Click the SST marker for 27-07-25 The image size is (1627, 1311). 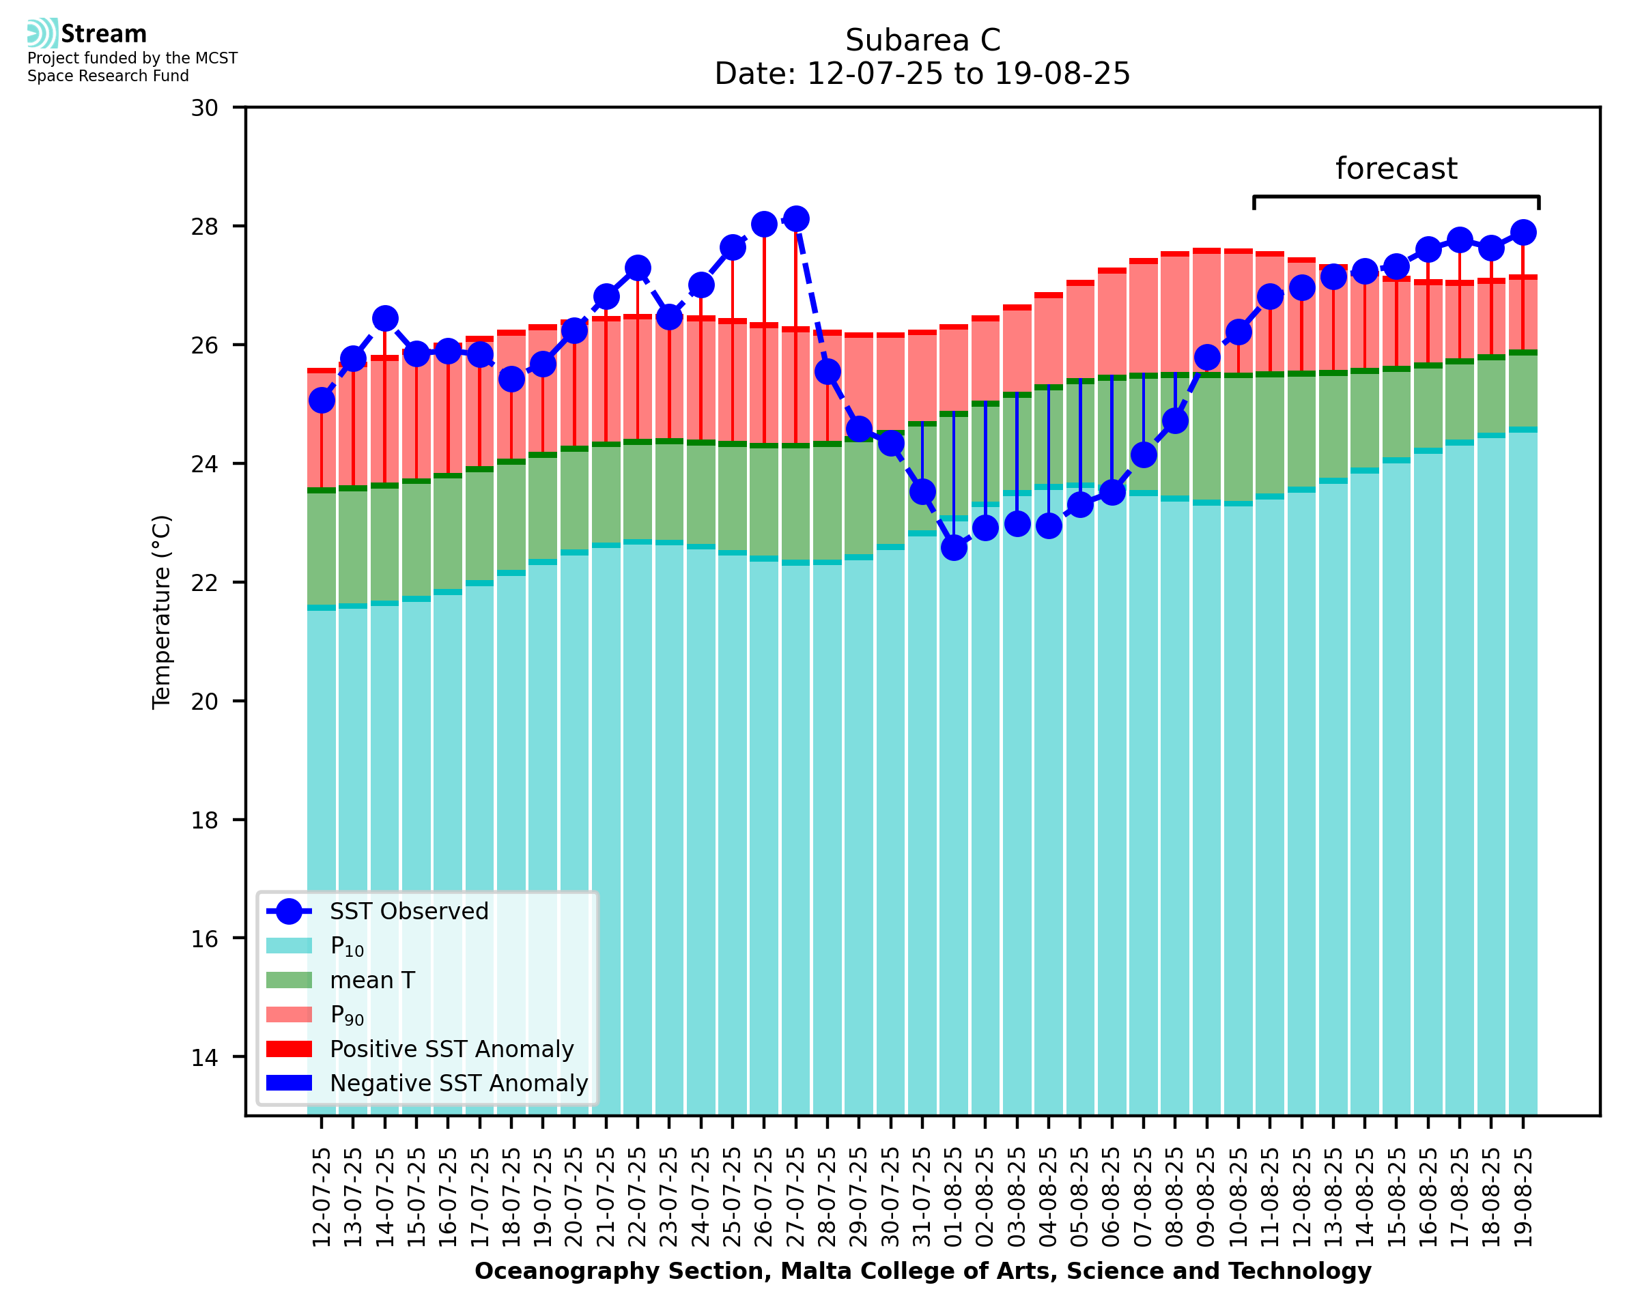point(795,219)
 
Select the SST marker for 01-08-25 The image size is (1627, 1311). point(954,547)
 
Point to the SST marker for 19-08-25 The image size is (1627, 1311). point(1523,233)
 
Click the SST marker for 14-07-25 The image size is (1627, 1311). point(385,319)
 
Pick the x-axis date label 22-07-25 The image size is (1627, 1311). point(638,1197)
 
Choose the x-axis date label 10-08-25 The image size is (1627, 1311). point(1238,1197)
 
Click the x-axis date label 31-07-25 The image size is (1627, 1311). point(922,1197)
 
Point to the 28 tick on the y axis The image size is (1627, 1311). point(204,227)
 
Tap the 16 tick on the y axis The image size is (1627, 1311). point(204,938)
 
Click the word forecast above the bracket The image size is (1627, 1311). point(1396,169)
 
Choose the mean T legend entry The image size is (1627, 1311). point(372,980)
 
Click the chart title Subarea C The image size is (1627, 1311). point(922,40)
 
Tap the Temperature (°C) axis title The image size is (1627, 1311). point(162,611)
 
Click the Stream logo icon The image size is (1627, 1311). point(42,33)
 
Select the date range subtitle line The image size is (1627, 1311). point(922,74)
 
